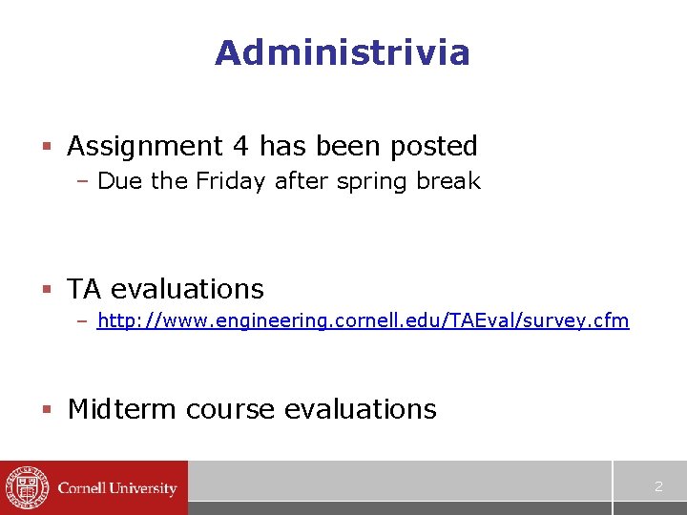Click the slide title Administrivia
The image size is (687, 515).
343,52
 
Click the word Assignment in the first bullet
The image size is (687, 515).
145,146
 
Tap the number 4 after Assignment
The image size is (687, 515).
241,146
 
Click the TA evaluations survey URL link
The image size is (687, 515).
364,320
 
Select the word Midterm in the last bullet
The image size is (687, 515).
122,409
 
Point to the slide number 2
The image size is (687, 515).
657,486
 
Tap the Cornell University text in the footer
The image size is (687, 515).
117,488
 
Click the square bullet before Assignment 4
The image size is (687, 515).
45,147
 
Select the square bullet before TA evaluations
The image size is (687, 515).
45,289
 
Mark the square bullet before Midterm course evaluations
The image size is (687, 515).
45,410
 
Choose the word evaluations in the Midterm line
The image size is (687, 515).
361,409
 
